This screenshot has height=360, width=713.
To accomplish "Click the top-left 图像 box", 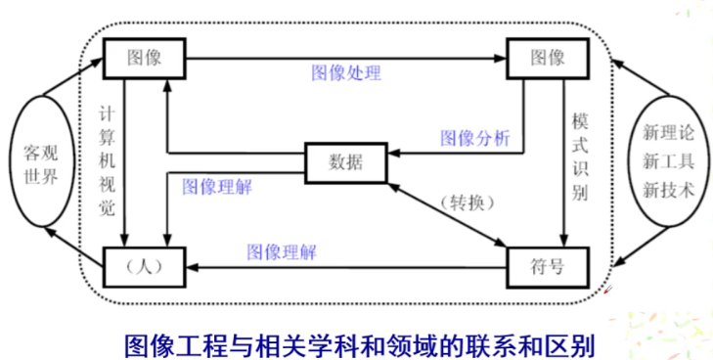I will pos(144,59).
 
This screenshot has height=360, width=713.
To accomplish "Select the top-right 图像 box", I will pos(548,59).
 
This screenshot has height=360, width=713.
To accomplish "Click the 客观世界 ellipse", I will pos(40,170).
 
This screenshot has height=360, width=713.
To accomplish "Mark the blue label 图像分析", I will pos(475,138).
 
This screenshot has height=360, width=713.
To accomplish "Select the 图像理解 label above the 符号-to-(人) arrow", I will pos(282,250).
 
